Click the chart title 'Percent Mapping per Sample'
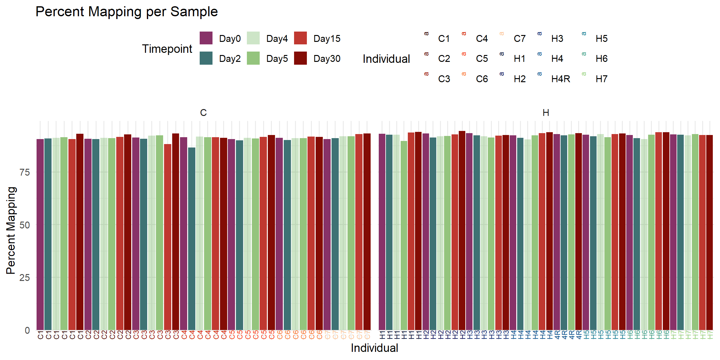tap(127, 12)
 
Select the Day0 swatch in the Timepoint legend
tap(206, 38)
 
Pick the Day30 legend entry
tap(327, 58)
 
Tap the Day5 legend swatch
tap(253, 58)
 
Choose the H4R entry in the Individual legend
tap(560, 79)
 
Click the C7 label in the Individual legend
tap(519, 38)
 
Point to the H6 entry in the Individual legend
tap(601, 58)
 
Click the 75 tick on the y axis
tap(25, 172)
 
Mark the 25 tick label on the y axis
tap(25, 277)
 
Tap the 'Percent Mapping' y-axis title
tap(11, 231)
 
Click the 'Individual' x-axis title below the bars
tap(374, 348)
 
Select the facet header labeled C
tap(203, 112)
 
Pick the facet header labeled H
tap(546, 112)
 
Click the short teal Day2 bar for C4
tap(192, 237)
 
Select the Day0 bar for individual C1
tap(40, 234)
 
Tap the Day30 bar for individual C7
tap(367, 231)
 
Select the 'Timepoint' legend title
tap(167, 49)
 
